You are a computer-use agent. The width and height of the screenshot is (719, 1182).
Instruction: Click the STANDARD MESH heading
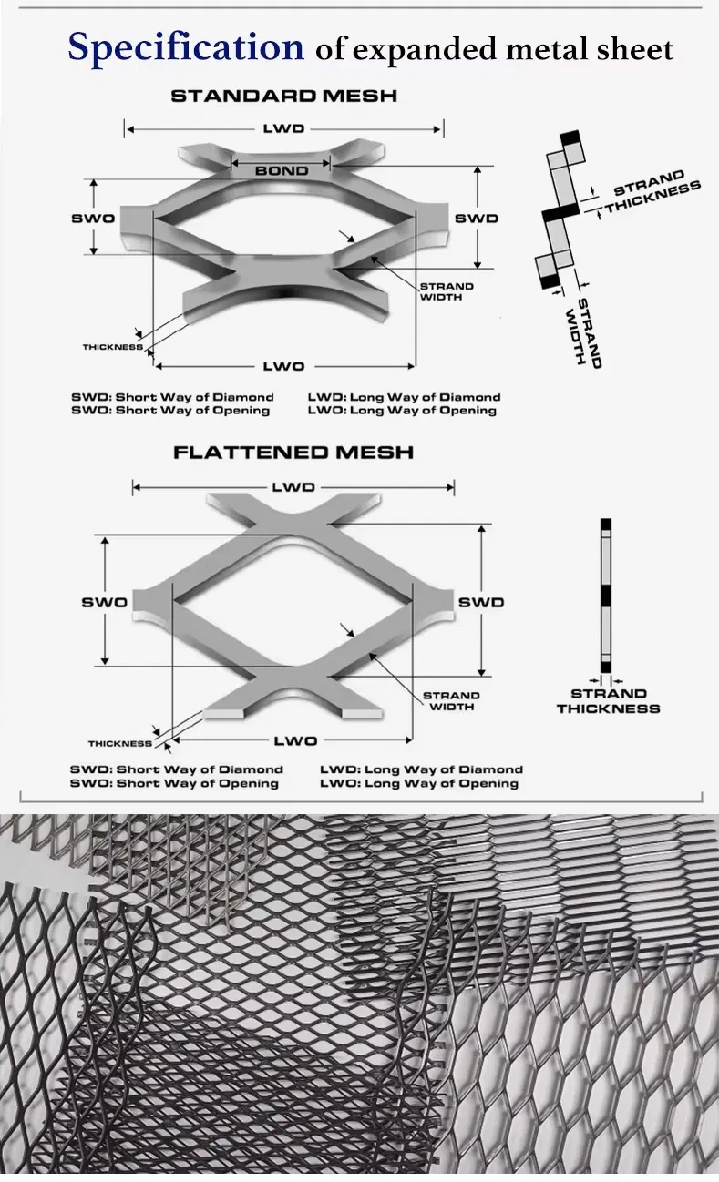tap(283, 96)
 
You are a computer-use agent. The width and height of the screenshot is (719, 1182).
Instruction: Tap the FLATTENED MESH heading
tap(293, 452)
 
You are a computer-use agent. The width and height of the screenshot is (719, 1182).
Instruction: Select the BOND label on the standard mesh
tap(282, 170)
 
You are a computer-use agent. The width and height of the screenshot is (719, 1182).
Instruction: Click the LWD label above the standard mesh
tap(283, 129)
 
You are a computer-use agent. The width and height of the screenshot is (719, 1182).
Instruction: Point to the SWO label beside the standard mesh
tap(93, 219)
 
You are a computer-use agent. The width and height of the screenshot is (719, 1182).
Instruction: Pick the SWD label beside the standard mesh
tap(477, 219)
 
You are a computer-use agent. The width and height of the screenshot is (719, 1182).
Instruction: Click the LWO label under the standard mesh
tap(283, 366)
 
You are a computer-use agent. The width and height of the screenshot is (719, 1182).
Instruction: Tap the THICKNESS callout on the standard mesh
tap(112, 347)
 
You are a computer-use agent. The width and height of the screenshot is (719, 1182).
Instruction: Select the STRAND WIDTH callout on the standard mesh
tap(447, 291)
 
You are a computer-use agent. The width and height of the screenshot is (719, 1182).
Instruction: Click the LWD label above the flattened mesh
tap(293, 487)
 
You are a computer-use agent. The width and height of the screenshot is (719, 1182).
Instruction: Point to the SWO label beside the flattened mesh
tap(104, 602)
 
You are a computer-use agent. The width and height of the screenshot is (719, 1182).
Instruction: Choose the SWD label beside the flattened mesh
tap(480, 602)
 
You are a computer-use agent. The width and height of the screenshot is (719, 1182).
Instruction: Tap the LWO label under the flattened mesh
tap(295, 741)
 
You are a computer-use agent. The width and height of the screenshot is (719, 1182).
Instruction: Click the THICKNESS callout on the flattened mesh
tap(119, 744)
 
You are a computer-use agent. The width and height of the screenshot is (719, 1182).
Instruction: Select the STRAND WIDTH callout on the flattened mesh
tap(451, 701)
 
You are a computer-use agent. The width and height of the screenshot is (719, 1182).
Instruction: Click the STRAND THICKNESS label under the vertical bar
tap(609, 701)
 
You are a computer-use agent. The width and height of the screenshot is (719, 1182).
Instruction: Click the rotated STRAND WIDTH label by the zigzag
tap(584, 332)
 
